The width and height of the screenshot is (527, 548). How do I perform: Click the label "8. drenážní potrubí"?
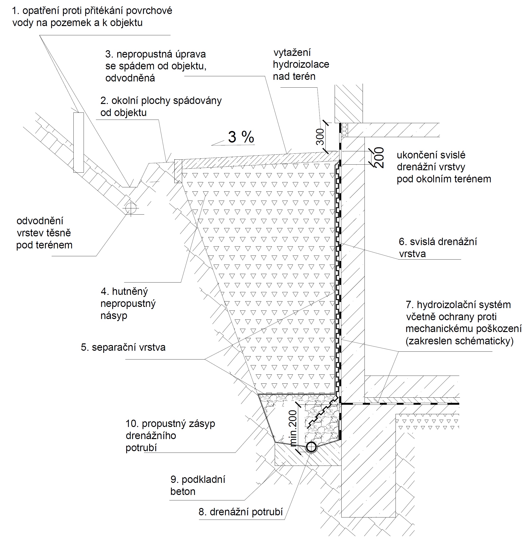241,512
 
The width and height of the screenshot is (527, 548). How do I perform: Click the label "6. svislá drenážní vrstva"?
437,247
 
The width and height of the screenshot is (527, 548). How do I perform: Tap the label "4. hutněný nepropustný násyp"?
128,303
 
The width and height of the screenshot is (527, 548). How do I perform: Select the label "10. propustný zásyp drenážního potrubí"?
170,435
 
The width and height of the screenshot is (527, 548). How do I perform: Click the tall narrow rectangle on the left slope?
79,142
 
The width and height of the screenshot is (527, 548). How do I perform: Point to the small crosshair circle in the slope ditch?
131,208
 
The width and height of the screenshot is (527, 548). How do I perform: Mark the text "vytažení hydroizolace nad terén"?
301,64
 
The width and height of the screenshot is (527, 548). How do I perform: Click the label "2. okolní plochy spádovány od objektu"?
161,107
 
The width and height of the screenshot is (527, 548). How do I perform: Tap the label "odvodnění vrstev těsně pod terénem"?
44,233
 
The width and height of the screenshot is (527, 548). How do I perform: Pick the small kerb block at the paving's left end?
178,171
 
